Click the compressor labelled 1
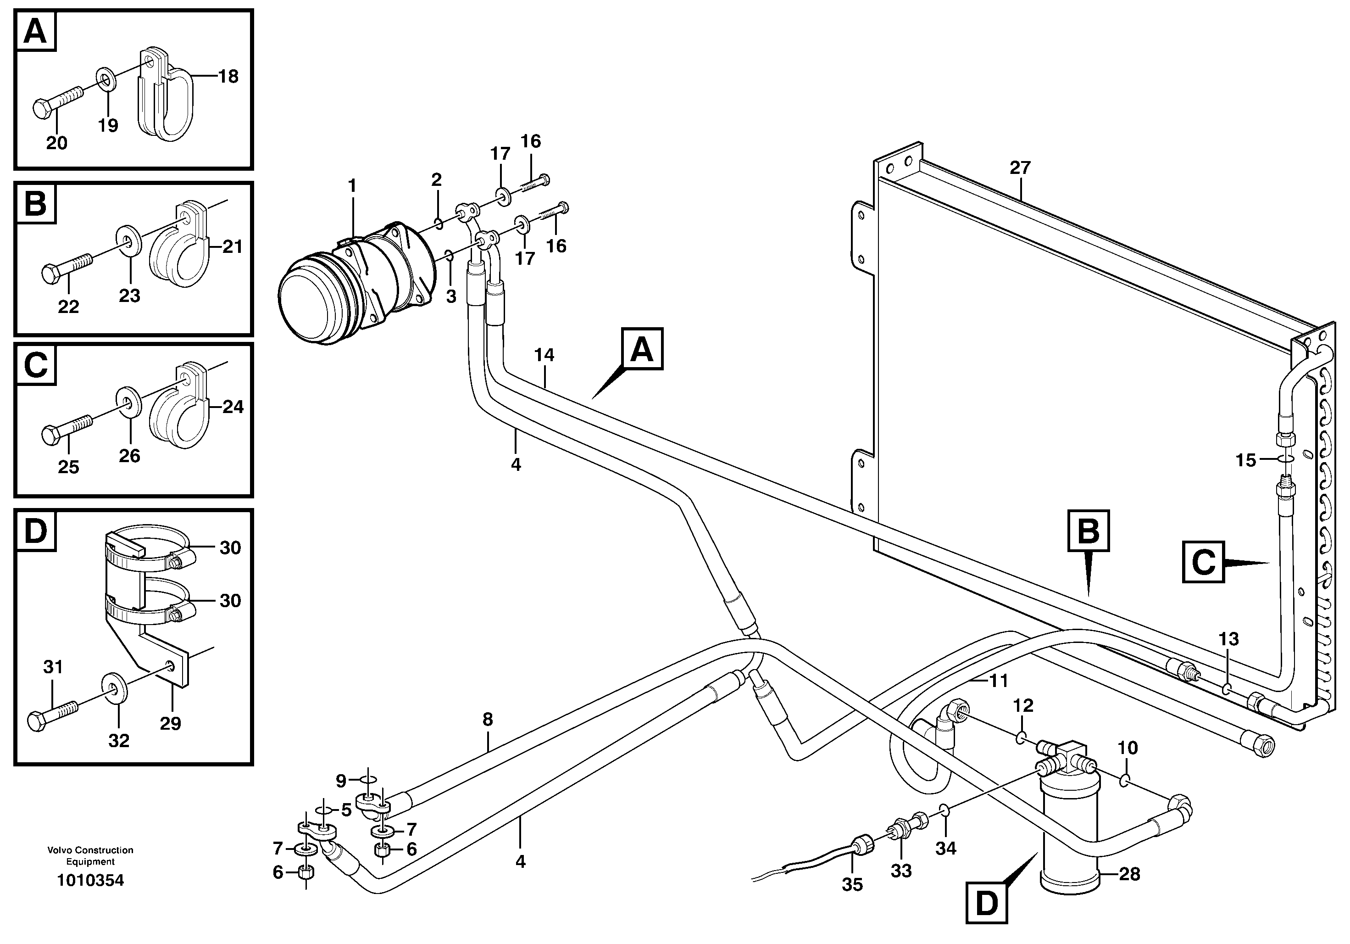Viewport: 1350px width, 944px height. [359, 282]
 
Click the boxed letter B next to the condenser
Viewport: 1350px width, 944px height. [1089, 531]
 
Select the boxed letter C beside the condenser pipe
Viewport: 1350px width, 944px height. [1203, 562]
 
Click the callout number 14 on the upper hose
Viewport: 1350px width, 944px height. [544, 355]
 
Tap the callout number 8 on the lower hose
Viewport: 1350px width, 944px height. [488, 719]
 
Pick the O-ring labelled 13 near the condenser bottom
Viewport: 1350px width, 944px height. [1227, 688]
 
